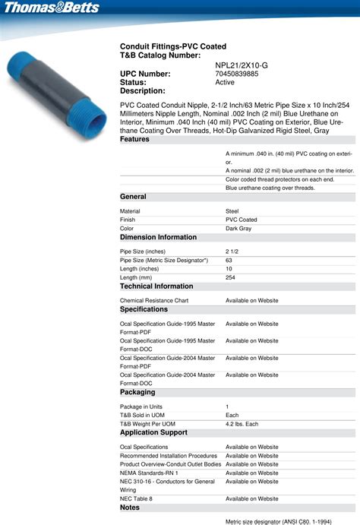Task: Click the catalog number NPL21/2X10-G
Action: pyautogui.click(x=242, y=65)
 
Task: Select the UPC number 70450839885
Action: pyautogui.click(x=236, y=74)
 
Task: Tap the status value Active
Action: pyautogui.click(x=225, y=82)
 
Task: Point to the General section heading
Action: pyautogui.click(x=134, y=197)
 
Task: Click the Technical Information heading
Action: pyautogui.click(x=156, y=286)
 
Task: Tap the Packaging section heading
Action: pyautogui.click(x=137, y=393)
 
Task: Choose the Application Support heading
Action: pyautogui.click(x=153, y=432)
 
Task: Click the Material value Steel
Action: pyautogui.click(x=233, y=211)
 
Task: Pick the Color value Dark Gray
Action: pyautogui.click(x=238, y=228)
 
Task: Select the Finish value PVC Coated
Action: pyautogui.click(x=242, y=220)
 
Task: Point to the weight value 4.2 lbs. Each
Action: pyautogui.click(x=242, y=423)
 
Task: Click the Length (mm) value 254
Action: pyautogui.click(x=231, y=277)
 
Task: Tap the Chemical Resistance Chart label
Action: pyautogui.click(x=154, y=301)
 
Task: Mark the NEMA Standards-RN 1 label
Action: pyautogui.click(x=149, y=473)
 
